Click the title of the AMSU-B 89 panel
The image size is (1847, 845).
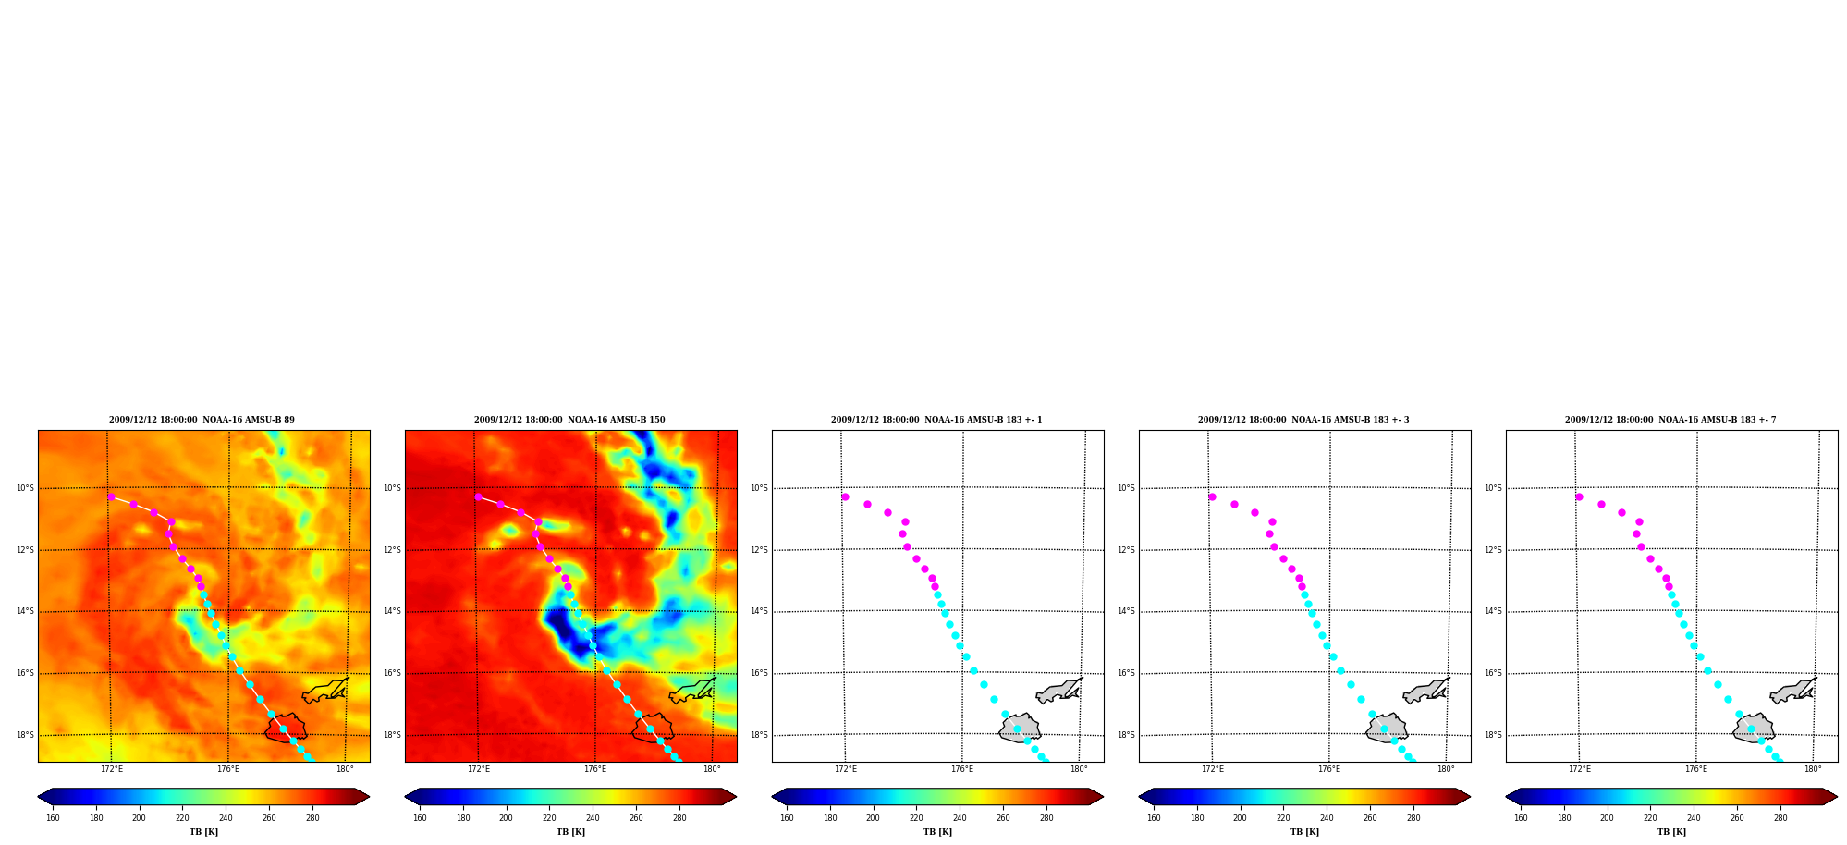pos(202,420)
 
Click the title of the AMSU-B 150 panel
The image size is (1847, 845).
pos(569,420)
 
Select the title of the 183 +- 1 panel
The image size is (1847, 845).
pos(936,420)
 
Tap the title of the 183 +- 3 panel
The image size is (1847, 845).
pos(1303,420)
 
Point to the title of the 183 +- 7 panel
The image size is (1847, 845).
pos(1670,420)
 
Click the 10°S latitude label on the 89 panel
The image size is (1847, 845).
pos(25,488)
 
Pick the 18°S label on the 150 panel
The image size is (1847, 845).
pos(392,735)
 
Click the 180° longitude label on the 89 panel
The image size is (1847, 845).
pos(345,769)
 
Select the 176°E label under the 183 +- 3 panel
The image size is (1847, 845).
pos(1329,769)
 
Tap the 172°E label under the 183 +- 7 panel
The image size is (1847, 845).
pos(1580,769)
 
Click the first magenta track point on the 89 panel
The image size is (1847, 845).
pos(111,496)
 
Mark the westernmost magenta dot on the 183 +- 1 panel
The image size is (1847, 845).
pos(845,496)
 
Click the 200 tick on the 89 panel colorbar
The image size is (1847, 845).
pos(139,817)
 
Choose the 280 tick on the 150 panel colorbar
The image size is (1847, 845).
pos(679,817)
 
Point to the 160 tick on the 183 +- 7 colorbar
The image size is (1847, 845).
pos(1521,817)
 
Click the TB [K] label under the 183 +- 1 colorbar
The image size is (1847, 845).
pos(937,832)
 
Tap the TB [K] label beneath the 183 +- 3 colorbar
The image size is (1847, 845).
pos(1304,832)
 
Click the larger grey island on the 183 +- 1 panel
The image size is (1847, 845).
pos(1020,729)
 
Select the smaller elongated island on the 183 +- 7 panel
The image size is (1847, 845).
pos(1793,691)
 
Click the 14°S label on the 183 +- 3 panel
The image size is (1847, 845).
pos(1126,611)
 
